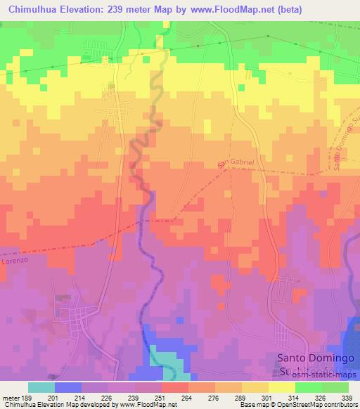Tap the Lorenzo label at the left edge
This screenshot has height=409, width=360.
coord(12,259)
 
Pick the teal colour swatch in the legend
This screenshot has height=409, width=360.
coord(41,387)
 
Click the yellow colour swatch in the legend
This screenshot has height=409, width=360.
coord(282,387)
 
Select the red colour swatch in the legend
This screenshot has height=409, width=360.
coord(175,387)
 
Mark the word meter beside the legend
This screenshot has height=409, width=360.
coord(13,398)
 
